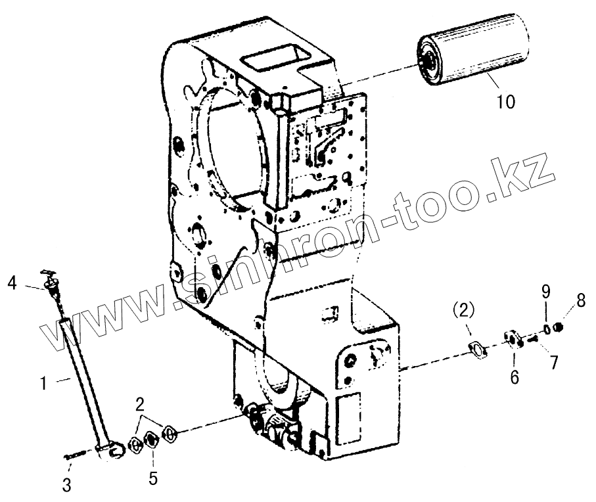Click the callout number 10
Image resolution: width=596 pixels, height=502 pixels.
[x=506, y=103]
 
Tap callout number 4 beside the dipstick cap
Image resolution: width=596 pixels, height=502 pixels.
[x=12, y=284]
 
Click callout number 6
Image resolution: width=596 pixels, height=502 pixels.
[x=515, y=377]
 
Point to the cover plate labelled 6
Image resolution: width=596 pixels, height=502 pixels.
[x=512, y=339]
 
